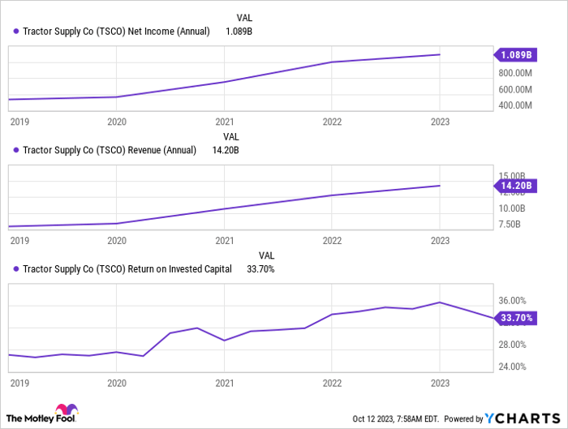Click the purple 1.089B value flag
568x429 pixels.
tap(516, 55)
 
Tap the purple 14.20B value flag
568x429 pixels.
tap(516, 186)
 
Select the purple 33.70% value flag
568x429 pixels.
tap(516, 318)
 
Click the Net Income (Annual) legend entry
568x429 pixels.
tap(112, 31)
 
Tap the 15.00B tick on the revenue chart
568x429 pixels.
tap(513, 175)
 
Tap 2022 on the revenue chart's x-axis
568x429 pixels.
tap(332, 241)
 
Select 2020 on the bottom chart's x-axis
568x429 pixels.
tap(117, 383)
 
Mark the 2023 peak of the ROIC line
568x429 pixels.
tap(439, 302)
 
